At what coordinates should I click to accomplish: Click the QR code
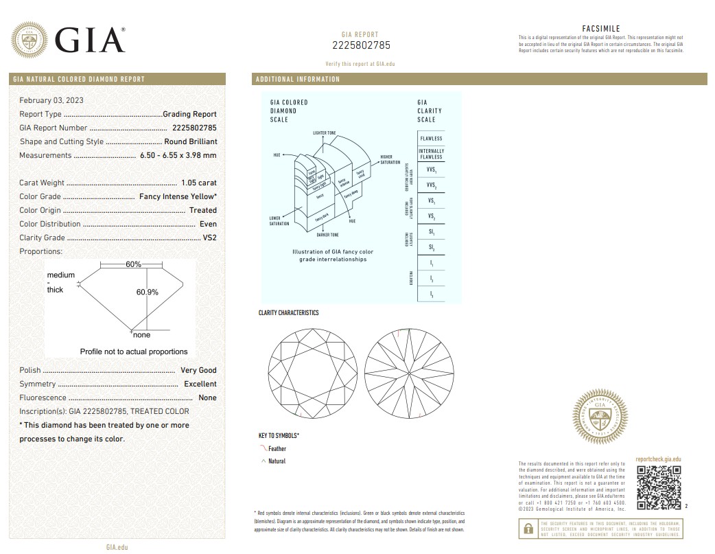(659, 487)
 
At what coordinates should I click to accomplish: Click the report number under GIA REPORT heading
(360, 45)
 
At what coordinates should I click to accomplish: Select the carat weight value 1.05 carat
(199, 183)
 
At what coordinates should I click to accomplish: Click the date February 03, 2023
(51, 100)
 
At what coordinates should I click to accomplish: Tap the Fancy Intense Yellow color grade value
(178, 196)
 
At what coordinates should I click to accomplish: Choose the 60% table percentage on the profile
(133, 264)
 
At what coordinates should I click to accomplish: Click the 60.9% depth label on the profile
(148, 292)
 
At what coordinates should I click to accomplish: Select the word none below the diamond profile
(141, 335)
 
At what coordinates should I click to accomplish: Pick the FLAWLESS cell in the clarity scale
(431, 139)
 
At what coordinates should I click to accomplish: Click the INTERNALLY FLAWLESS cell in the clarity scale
(431, 154)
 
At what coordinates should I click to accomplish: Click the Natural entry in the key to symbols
(277, 461)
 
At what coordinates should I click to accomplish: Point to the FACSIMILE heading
(600, 28)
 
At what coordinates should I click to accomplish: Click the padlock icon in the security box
(528, 529)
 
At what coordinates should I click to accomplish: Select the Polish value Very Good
(198, 370)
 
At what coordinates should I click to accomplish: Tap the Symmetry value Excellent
(200, 384)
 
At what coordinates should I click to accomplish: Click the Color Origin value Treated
(203, 210)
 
